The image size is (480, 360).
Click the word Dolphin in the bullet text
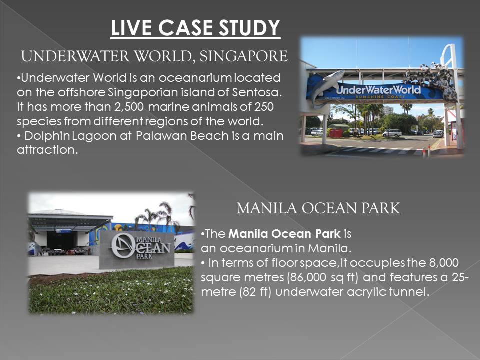(x=44, y=136)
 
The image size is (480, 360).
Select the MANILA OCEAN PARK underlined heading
(x=318, y=208)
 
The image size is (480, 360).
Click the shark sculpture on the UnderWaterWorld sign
(x=327, y=85)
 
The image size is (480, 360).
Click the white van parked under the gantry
(x=392, y=133)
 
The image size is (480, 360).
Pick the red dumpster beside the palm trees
(x=335, y=133)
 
